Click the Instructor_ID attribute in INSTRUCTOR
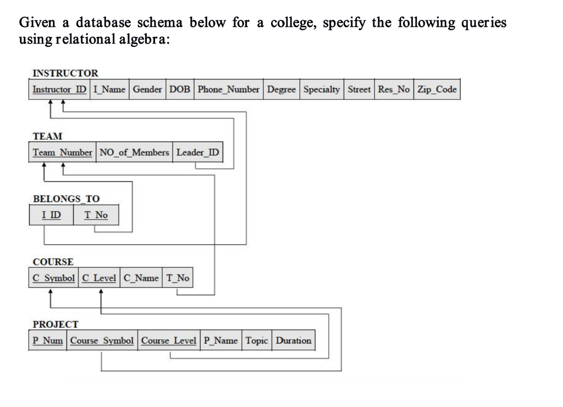point(59,89)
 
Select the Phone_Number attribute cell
point(229,89)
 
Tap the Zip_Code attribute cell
point(437,89)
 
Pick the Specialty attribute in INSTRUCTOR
point(322,89)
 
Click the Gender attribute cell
point(147,89)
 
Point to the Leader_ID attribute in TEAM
point(198,153)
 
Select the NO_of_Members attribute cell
point(134,153)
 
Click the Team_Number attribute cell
point(62,153)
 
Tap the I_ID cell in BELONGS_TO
point(51,215)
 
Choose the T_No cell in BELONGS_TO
point(96,215)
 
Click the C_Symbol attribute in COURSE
point(53,278)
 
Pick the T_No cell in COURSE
point(178,278)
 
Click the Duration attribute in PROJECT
point(294,340)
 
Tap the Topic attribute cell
point(257,340)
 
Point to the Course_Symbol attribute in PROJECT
point(102,340)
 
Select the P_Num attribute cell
point(48,340)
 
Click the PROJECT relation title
point(56,324)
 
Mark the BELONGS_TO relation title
point(66,198)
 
